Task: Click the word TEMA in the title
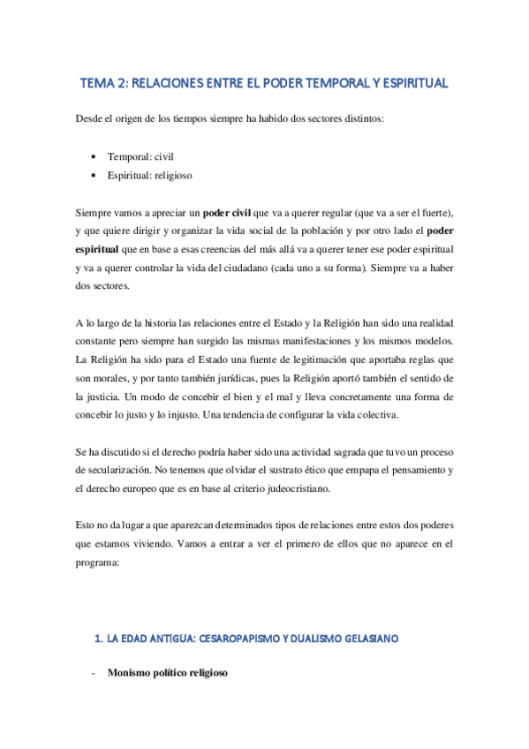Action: click(100, 84)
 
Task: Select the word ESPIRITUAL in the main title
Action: click(414, 84)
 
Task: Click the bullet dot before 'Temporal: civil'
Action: click(94, 155)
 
